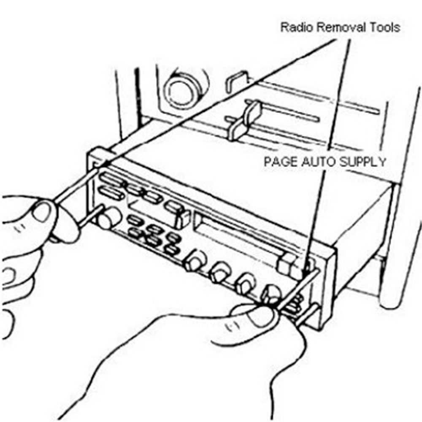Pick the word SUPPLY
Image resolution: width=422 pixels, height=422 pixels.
tap(363, 162)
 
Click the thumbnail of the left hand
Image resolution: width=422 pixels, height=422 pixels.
tap(43, 211)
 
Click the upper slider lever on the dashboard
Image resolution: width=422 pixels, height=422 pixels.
tap(253, 110)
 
